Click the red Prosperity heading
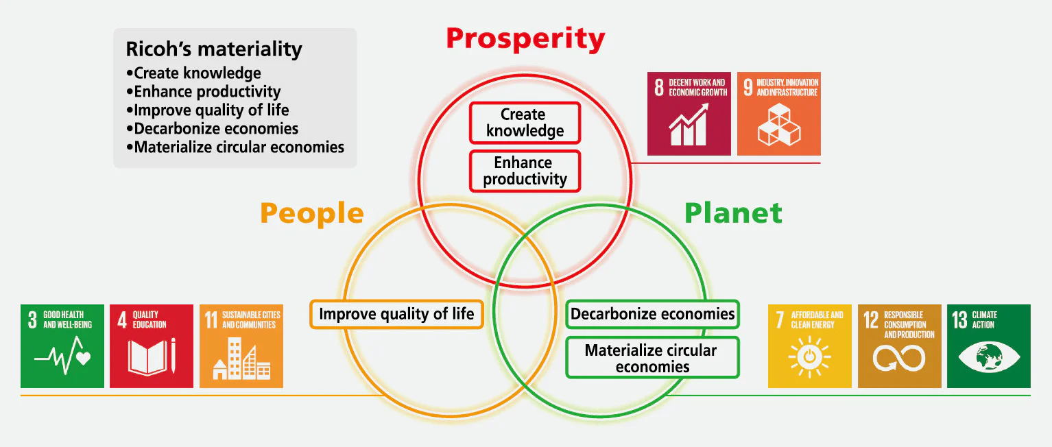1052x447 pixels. [x=525, y=40]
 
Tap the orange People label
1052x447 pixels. [x=312, y=214]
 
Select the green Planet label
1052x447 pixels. [x=734, y=213]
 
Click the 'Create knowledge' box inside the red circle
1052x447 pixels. [x=525, y=123]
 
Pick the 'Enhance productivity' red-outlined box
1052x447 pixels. [x=525, y=171]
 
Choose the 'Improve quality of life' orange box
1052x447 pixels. [x=396, y=314]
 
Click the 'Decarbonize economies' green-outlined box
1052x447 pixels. [x=652, y=314]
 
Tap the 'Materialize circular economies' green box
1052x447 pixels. [x=652, y=358]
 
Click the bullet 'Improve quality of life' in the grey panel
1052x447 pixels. [x=208, y=110]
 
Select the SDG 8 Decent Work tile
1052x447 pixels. [x=689, y=114]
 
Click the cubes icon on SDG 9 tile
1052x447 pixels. [x=779, y=124]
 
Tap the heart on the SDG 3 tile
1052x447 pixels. [x=84, y=359]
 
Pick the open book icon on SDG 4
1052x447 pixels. [x=147, y=357]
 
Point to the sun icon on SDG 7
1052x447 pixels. [x=810, y=357]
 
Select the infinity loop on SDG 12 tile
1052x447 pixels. [x=899, y=359]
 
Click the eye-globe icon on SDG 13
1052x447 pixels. [x=989, y=358]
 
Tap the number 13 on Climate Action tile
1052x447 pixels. [x=959, y=320]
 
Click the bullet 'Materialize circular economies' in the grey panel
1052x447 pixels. [x=235, y=147]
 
